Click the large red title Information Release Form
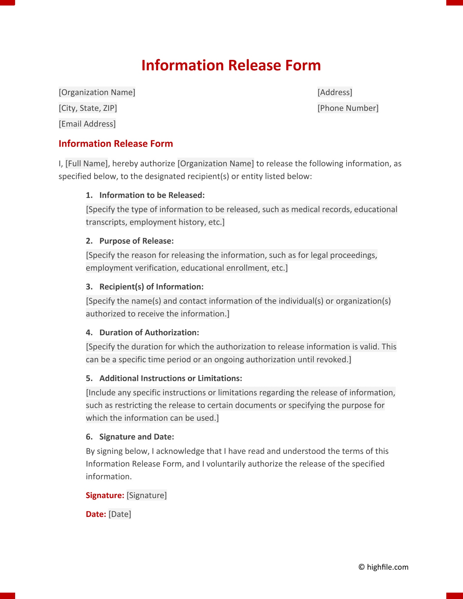pyautogui.click(x=231, y=65)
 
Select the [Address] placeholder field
pyautogui.click(x=335, y=92)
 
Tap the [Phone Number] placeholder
pyautogui.click(x=348, y=108)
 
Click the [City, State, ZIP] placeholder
pyautogui.click(x=88, y=108)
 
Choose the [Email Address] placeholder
pyautogui.click(x=87, y=124)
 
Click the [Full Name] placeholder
pyautogui.click(x=86, y=164)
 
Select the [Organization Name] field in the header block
pyautogui.click(x=97, y=92)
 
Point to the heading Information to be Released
pyautogui.click(x=152, y=195)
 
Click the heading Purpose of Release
pyautogui.click(x=136, y=241)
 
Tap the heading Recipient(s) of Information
pyautogui.click(x=151, y=287)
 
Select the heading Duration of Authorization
pyautogui.click(x=149, y=332)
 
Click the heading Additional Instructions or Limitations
pyautogui.click(x=171, y=378)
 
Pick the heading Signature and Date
pyautogui.click(x=136, y=437)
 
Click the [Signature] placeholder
pyautogui.click(x=147, y=495)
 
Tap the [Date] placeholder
pyautogui.click(x=120, y=514)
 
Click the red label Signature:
pyautogui.click(x=105, y=495)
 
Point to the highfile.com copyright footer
pyautogui.click(x=383, y=567)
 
